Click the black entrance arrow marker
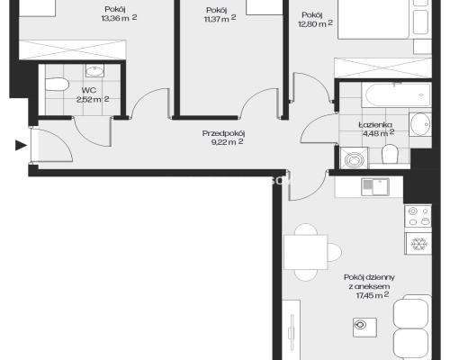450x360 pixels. pos(21,146)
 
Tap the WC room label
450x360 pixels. pos(89,90)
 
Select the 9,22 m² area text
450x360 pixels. pos(227,142)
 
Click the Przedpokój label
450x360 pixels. pos(223,133)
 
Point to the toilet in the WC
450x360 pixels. pos(57,85)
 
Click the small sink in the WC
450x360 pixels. pos(94,71)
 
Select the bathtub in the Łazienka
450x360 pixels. pos(397,95)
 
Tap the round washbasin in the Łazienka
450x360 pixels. pos(420,124)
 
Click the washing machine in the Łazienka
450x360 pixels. pos(354,158)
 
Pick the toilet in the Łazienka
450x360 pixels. pos(390,154)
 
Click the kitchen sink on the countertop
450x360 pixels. pos(375,187)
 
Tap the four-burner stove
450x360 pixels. pos(418,216)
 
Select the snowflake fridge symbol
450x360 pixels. pos(418,244)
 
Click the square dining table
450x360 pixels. pos(306,252)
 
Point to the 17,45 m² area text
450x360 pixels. pos(373,295)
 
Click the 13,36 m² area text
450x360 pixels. pos(119,18)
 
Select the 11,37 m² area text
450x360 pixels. pos(220,19)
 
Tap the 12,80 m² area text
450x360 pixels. pos(316,23)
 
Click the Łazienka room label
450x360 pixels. pos(375,124)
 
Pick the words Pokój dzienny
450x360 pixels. pos(369,277)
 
